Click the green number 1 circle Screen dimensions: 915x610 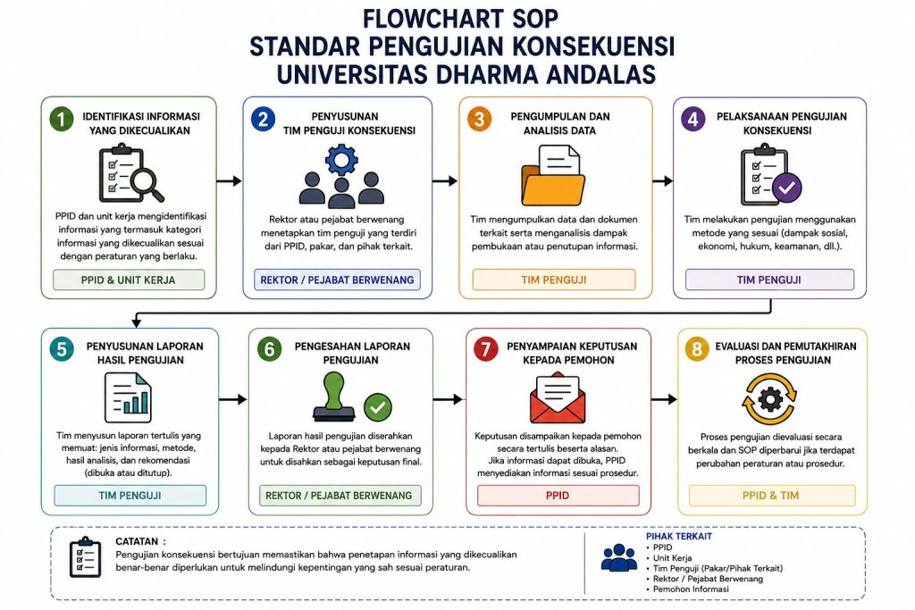[62, 119]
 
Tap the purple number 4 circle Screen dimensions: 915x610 [693, 119]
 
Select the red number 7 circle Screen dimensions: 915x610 [485, 348]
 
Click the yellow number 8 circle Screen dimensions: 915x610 [696, 348]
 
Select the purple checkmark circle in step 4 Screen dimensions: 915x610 [786, 188]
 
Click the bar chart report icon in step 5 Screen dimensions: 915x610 [128, 397]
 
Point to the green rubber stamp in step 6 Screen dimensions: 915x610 [334, 397]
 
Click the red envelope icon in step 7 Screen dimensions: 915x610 [558, 397]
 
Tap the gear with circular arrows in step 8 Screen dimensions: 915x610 [769, 399]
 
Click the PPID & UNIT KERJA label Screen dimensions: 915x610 [129, 280]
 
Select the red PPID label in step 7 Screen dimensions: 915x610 [558, 495]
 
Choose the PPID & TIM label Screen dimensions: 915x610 [771, 495]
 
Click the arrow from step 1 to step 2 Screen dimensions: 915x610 [229, 180]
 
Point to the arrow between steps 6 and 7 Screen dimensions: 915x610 [449, 399]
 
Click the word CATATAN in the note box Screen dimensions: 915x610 [137, 541]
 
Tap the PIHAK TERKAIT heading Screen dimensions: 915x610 [679, 536]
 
